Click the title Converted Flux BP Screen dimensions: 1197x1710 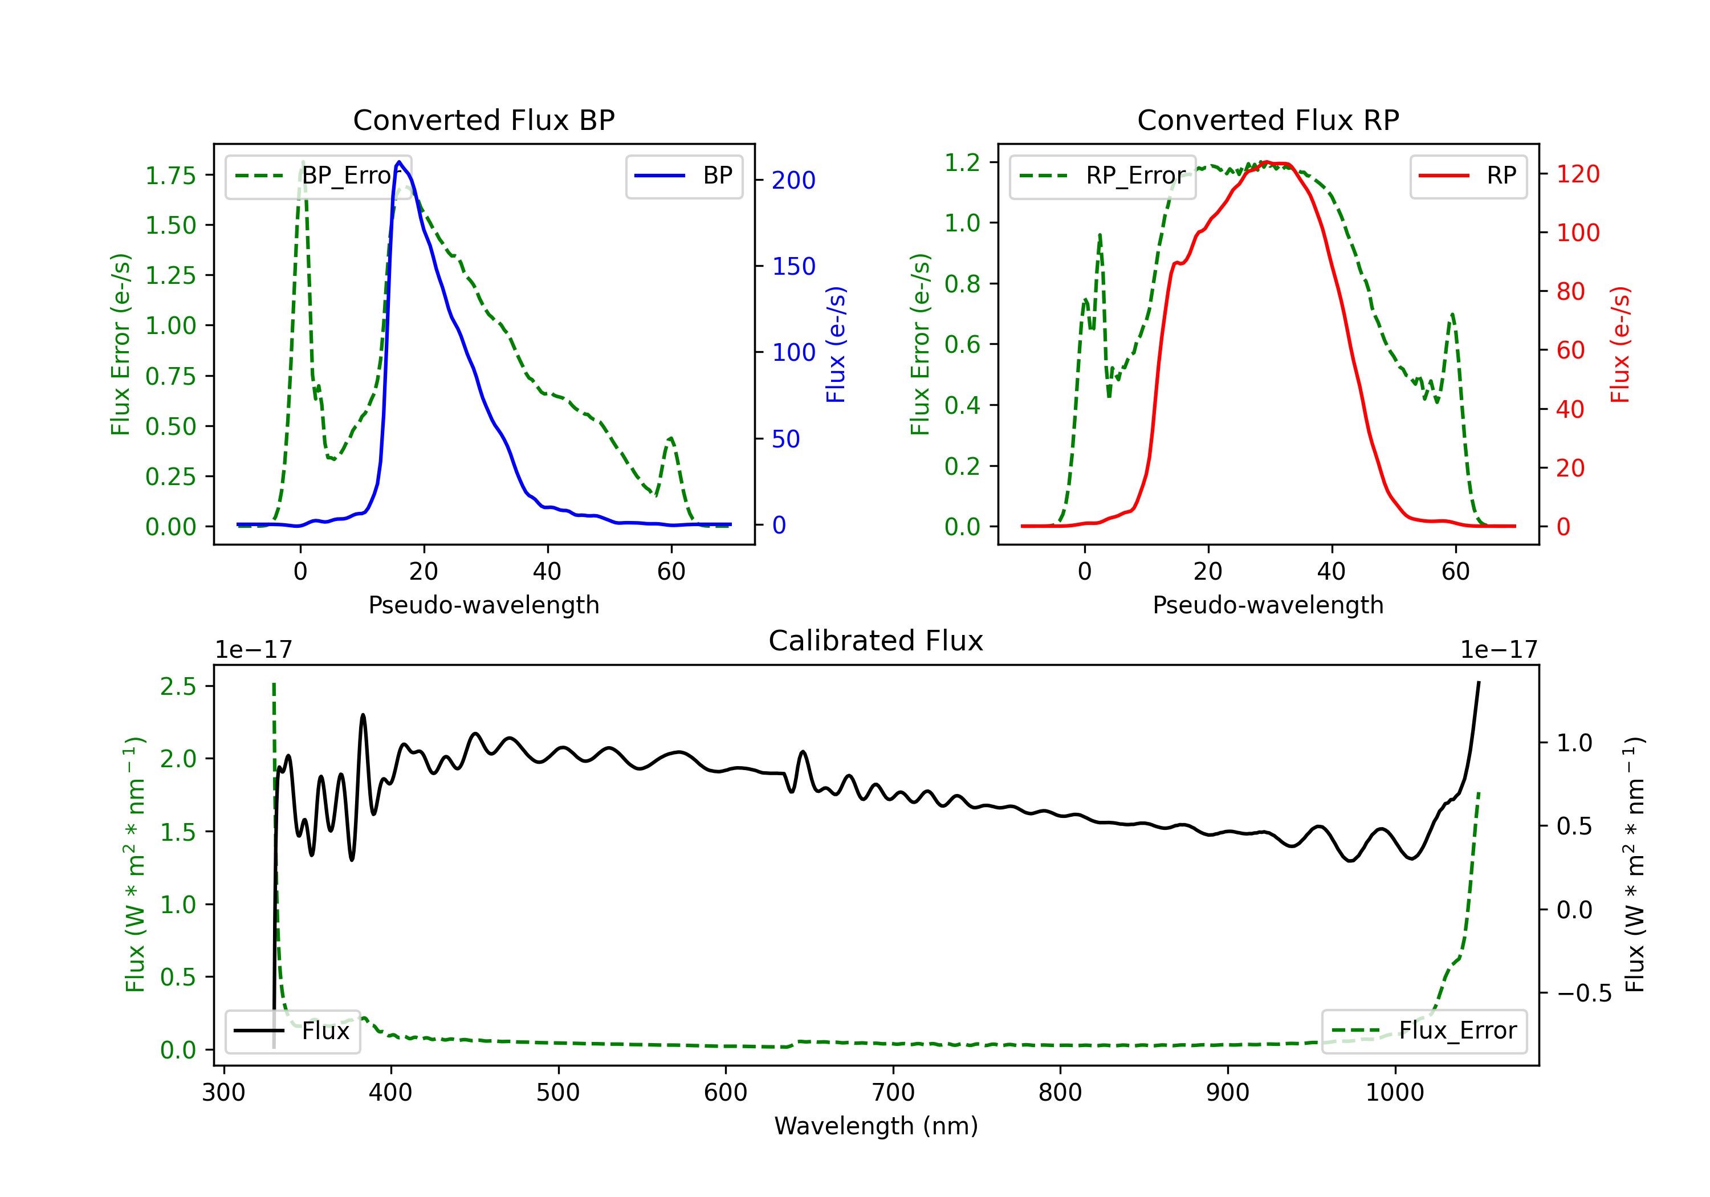(483, 120)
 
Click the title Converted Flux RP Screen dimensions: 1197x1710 (1268, 120)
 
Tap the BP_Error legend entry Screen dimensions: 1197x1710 (319, 177)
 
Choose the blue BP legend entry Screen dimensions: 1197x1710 (683, 177)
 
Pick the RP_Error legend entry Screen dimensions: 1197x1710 (1102, 177)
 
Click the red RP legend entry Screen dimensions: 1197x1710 (1467, 177)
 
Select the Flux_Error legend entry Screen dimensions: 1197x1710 (1423, 1031)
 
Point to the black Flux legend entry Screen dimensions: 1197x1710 (292, 1031)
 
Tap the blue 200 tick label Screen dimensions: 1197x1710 (793, 180)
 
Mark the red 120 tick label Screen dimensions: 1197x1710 (1577, 174)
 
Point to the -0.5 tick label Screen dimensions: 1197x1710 (1583, 993)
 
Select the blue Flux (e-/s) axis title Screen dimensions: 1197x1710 (836, 344)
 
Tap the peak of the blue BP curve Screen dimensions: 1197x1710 (399, 162)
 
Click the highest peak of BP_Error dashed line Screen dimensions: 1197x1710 (302, 162)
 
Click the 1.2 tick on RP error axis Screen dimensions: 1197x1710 (962, 162)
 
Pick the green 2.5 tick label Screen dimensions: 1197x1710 (178, 686)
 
